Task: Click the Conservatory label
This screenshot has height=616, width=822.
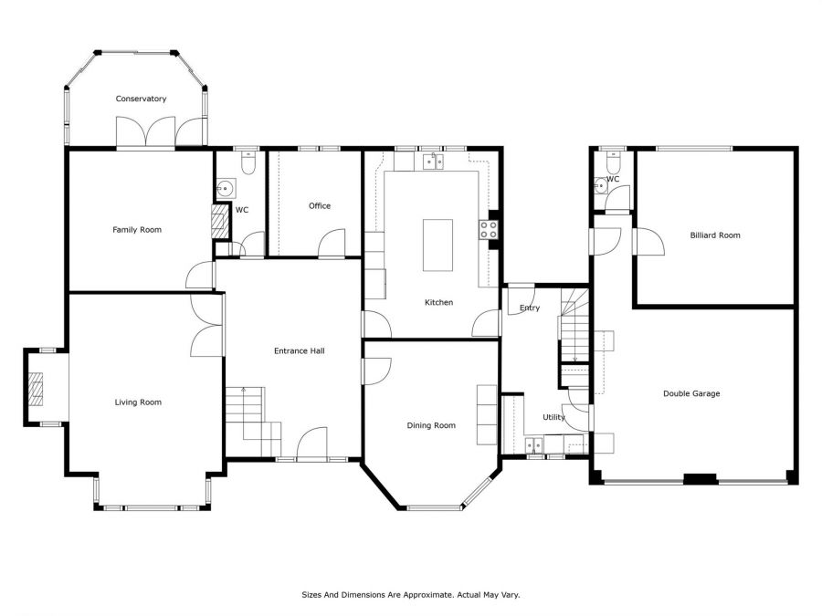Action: pyautogui.click(x=141, y=99)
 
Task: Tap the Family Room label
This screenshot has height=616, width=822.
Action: pyautogui.click(x=137, y=229)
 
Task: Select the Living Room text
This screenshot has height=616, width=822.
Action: pyautogui.click(x=138, y=402)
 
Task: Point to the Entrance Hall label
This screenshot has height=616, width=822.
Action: pyautogui.click(x=300, y=351)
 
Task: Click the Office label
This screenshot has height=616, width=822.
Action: pyautogui.click(x=320, y=206)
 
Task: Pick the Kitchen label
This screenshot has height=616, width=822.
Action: pyautogui.click(x=438, y=302)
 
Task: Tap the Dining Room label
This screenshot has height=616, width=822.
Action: pyautogui.click(x=431, y=425)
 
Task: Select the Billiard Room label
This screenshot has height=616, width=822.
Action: pyautogui.click(x=715, y=235)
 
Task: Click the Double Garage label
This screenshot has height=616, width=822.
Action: pyautogui.click(x=691, y=393)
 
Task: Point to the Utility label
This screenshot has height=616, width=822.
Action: pyautogui.click(x=553, y=417)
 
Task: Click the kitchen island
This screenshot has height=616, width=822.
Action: pyautogui.click(x=437, y=245)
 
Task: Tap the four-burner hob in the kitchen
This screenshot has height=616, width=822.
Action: pyautogui.click(x=488, y=230)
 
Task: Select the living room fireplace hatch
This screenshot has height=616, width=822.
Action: pyautogui.click(x=36, y=389)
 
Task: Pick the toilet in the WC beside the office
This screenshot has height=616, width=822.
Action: pyautogui.click(x=248, y=163)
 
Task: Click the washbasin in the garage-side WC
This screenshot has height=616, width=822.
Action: pyautogui.click(x=601, y=186)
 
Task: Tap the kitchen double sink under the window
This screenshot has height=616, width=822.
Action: pyautogui.click(x=433, y=162)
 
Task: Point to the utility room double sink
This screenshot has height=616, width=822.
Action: pyautogui.click(x=534, y=445)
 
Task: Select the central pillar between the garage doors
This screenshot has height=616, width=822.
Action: pyautogui.click(x=701, y=479)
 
